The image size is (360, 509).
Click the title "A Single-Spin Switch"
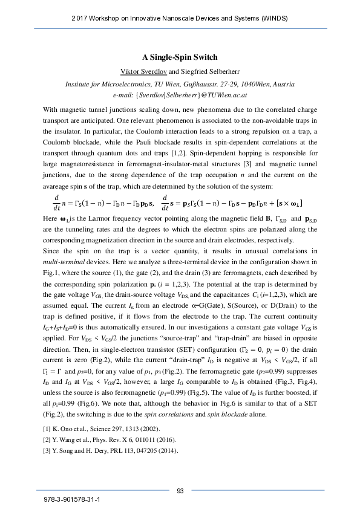click(x=180, y=57)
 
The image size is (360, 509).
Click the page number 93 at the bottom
click(x=180, y=490)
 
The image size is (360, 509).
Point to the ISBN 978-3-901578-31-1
click(x=72, y=501)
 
